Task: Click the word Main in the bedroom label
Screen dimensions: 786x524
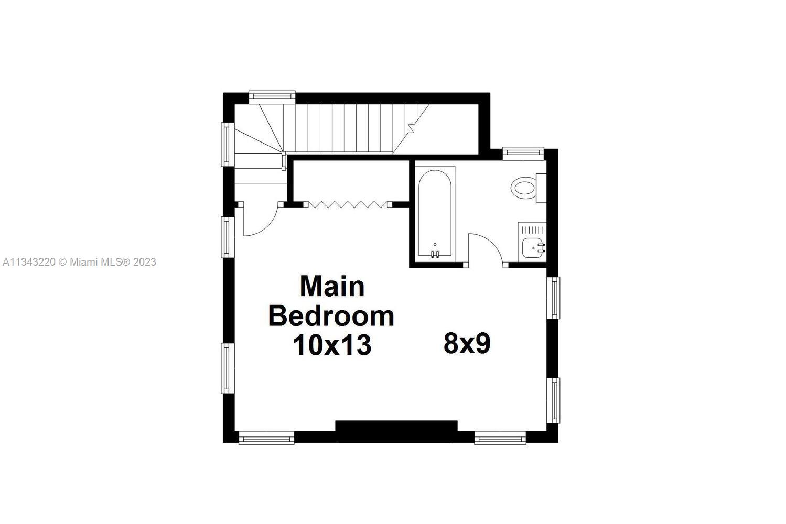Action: click(332, 287)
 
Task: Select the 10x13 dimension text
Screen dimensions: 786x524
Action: click(332, 345)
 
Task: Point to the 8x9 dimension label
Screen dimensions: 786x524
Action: click(467, 343)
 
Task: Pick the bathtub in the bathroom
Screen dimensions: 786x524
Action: click(435, 214)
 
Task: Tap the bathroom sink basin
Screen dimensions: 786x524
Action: click(532, 248)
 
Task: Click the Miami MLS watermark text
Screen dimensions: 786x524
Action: click(79, 262)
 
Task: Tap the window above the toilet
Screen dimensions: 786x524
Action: click(523, 154)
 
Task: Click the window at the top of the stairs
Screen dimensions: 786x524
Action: click(272, 97)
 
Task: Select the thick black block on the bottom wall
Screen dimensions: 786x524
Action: click(396, 431)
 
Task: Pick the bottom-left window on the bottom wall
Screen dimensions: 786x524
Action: click(266, 438)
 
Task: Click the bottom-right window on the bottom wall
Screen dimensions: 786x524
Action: click(500, 438)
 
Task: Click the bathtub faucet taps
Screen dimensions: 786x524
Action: click(435, 254)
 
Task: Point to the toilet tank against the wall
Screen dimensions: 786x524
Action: click(541, 188)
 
